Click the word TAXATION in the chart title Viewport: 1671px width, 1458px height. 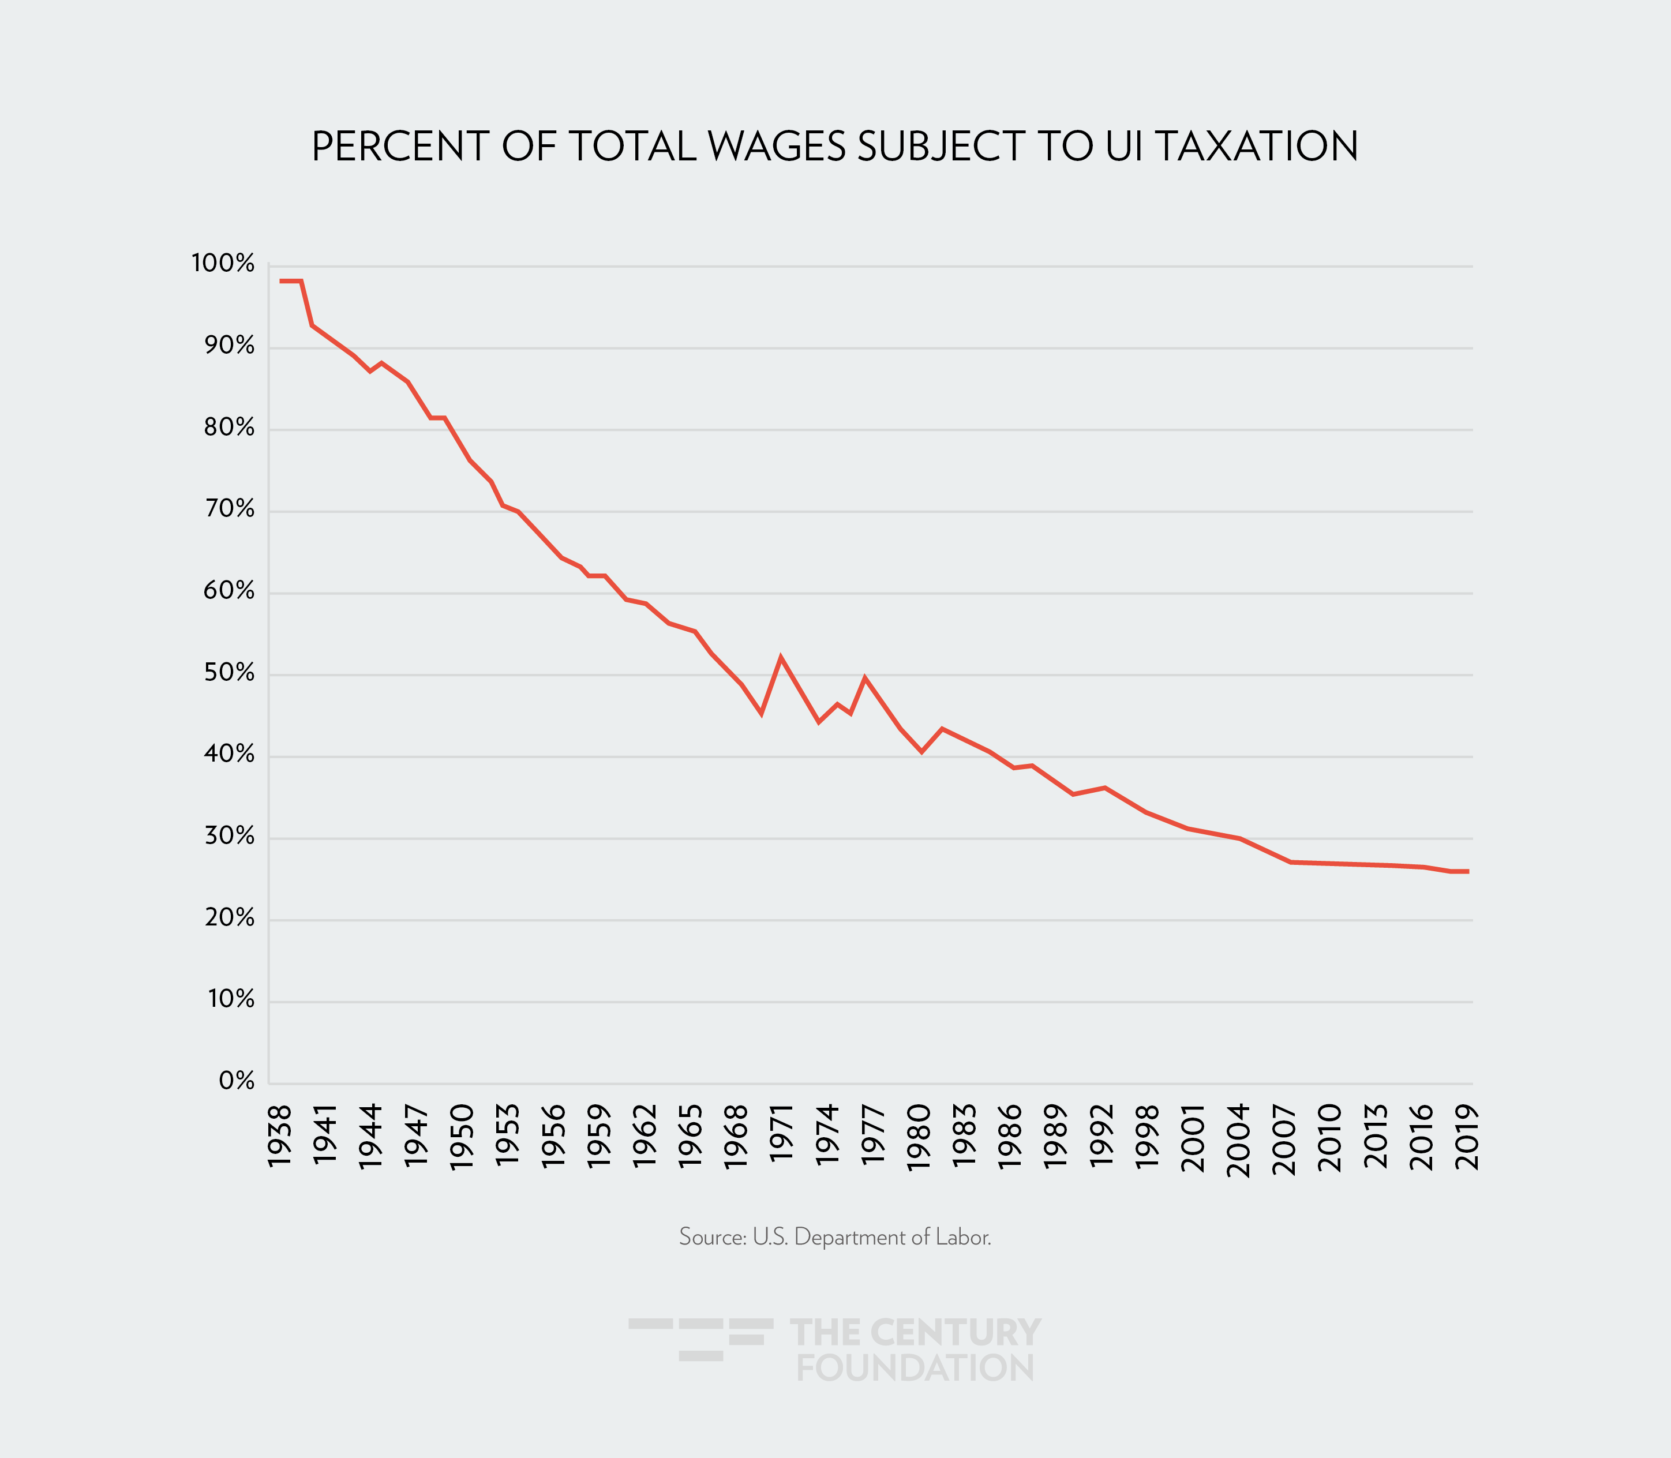(1256, 147)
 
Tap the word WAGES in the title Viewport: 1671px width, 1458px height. (776, 147)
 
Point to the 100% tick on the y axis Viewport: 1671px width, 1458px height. (223, 264)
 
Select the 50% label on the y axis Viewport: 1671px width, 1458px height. (228, 673)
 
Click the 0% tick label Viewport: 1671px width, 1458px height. (237, 1081)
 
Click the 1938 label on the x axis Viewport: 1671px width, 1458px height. (279, 1137)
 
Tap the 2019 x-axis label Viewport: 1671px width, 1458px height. (1467, 1137)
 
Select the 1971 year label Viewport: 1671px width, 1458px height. (781, 1137)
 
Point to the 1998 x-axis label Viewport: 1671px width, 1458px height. (1147, 1137)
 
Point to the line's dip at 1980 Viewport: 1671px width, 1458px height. (921, 752)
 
